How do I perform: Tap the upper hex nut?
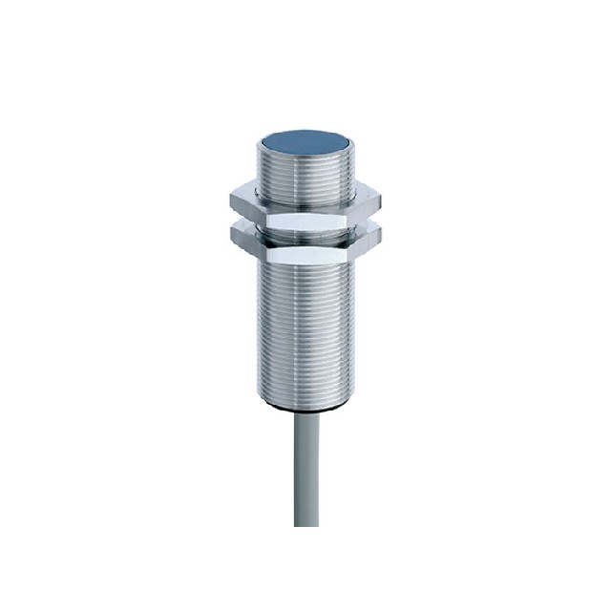pyautogui.click(x=305, y=203)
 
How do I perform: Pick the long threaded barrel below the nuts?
pyautogui.click(x=305, y=325)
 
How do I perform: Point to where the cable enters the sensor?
pyautogui.click(x=305, y=416)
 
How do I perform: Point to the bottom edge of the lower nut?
pyautogui.click(x=305, y=264)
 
